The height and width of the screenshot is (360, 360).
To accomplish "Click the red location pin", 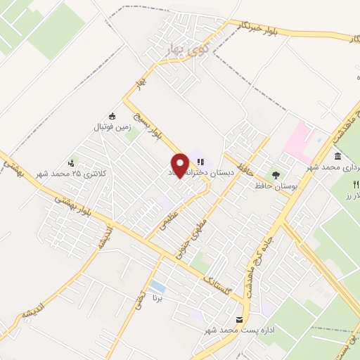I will click(x=181, y=165).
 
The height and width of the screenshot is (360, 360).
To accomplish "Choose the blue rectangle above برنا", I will click(x=157, y=287).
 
